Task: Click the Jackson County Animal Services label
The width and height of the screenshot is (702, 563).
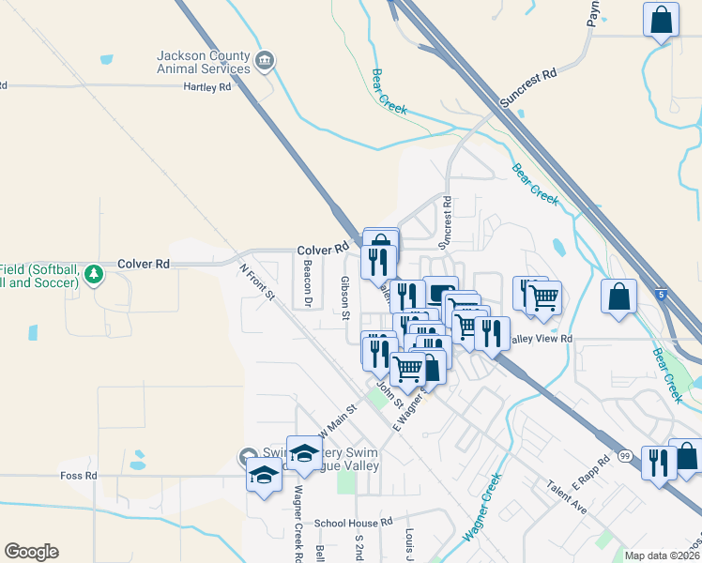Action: (x=204, y=62)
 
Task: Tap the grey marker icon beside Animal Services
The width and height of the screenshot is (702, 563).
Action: (x=265, y=62)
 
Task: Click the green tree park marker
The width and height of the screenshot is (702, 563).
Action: (x=93, y=275)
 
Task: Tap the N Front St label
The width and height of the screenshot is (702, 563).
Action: (x=256, y=281)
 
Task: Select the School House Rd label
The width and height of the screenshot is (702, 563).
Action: (x=351, y=523)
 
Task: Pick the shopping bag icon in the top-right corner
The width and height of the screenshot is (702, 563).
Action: (x=662, y=20)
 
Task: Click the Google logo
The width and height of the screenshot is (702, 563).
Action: (x=31, y=552)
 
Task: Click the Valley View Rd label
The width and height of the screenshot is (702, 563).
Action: (x=541, y=339)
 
